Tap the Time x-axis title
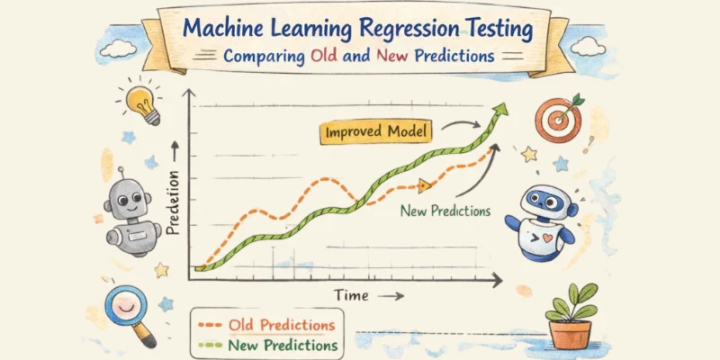coord(352,295)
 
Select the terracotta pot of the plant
coord(570,333)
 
